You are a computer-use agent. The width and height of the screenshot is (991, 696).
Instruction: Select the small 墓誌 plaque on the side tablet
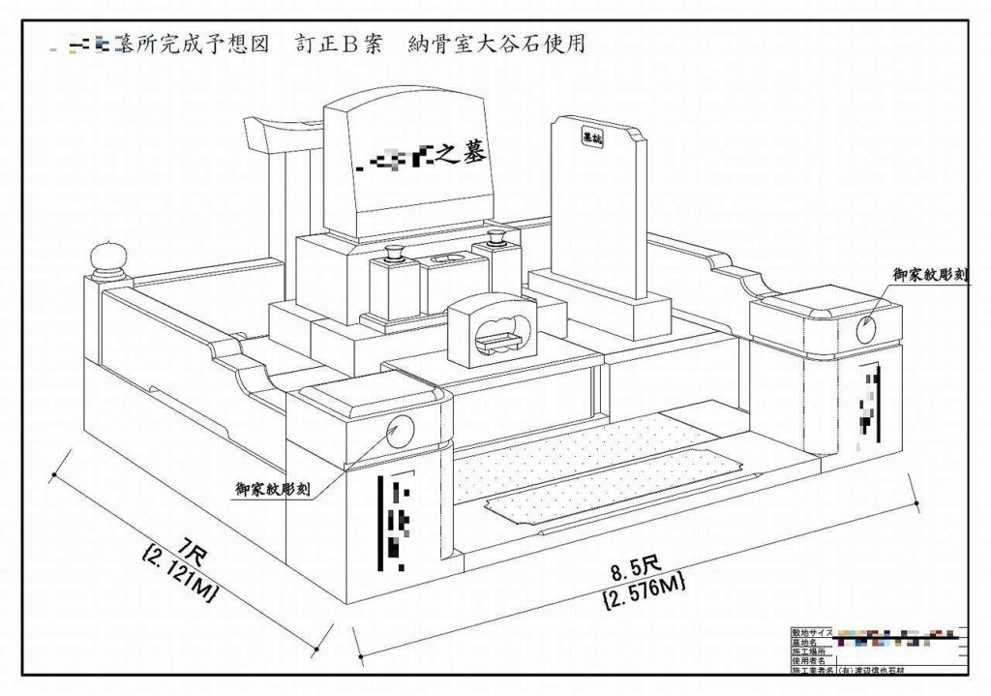589,139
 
